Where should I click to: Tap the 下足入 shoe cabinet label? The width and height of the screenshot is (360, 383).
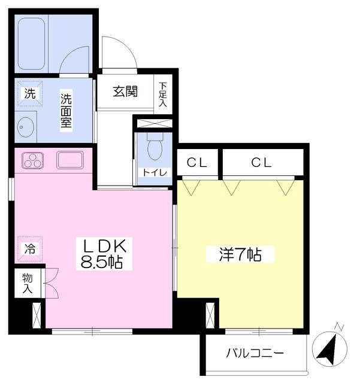[x=163, y=94]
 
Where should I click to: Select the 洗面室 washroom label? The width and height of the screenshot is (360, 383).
[x=65, y=111]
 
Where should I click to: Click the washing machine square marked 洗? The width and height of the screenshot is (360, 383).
[x=29, y=93]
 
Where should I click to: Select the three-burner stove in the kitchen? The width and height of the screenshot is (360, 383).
[x=34, y=160]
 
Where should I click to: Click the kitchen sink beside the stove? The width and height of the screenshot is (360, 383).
[x=69, y=160]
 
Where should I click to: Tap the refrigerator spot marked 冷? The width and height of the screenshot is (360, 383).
[x=29, y=248]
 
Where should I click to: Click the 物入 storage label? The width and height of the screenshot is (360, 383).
[x=28, y=283]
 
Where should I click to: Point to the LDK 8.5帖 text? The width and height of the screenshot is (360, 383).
[x=103, y=254]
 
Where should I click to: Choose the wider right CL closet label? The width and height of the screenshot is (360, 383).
[x=261, y=162]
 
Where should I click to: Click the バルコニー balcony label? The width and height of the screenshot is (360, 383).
[x=255, y=352]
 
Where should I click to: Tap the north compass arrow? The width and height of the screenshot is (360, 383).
[x=329, y=347]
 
